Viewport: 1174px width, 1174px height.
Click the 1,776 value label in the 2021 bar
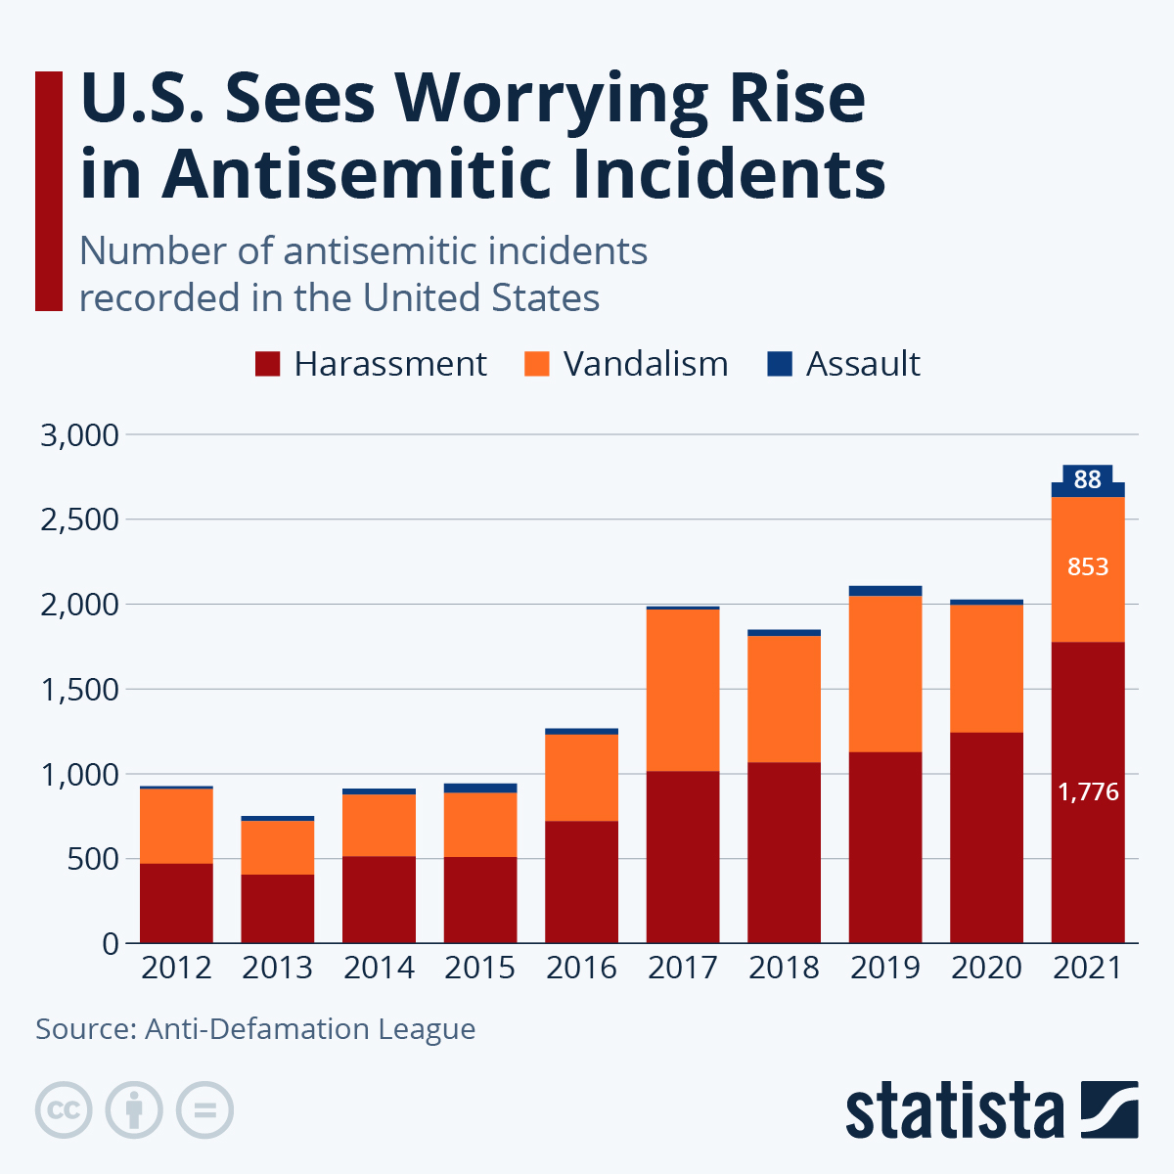coord(1088,792)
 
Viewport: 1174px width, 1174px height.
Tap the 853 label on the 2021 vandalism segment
coord(1088,566)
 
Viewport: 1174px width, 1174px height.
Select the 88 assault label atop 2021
coord(1088,479)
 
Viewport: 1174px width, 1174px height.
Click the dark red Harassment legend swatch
coord(267,364)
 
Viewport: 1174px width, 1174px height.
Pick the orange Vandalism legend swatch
coord(537,364)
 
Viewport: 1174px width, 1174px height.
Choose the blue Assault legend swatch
coord(780,364)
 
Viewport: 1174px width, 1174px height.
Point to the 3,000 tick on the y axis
coord(79,434)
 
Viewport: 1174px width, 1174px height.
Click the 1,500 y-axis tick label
coord(79,690)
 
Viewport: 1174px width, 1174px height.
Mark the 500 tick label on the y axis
coord(94,859)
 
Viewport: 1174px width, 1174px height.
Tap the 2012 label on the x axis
coord(176,969)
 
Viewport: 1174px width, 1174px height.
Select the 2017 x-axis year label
coord(683,969)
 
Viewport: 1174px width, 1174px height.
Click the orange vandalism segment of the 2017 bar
coord(683,690)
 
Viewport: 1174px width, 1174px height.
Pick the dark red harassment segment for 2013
coord(278,909)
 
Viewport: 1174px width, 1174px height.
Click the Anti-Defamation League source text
coord(310,1029)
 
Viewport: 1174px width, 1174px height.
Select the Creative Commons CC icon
coord(64,1110)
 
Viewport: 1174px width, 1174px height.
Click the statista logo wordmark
coord(954,1111)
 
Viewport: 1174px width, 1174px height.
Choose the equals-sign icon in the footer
coord(204,1110)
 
